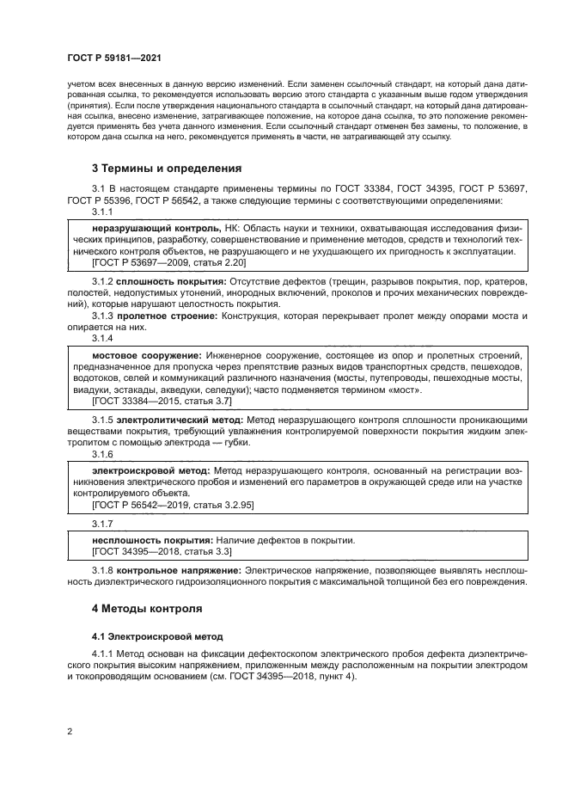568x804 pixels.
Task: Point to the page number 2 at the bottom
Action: pos(69,731)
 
